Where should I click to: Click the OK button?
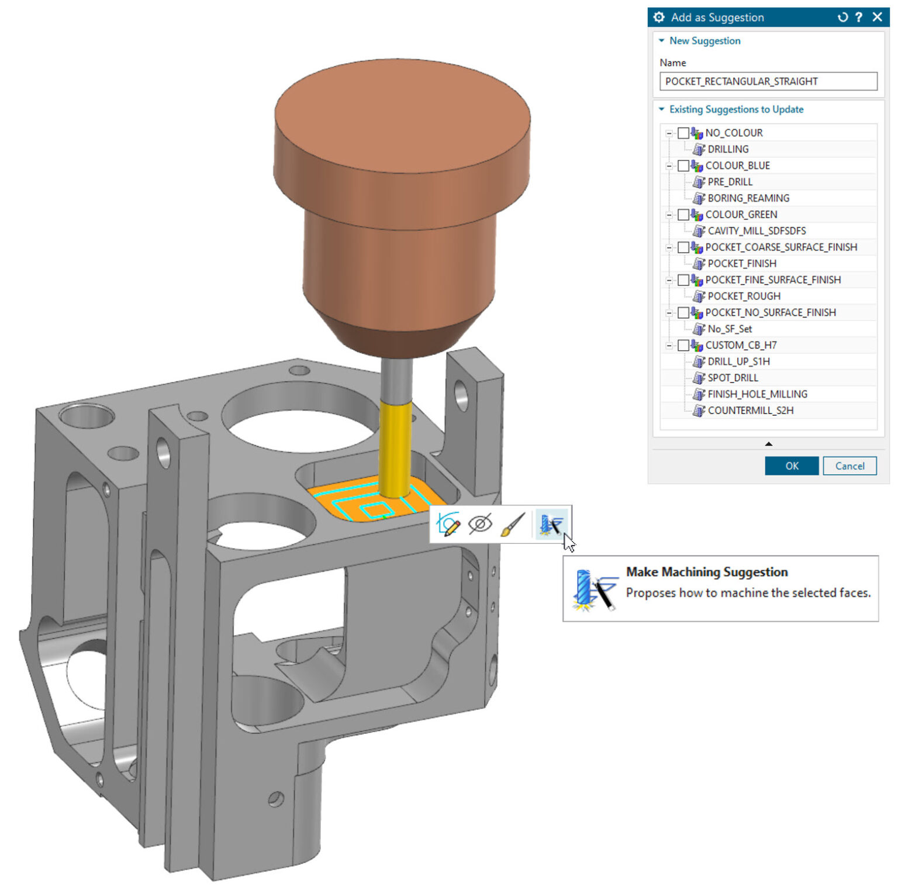click(x=791, y=466)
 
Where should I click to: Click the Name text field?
click(x=768, y=81)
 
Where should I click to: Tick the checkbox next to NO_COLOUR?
click(x=683, y=133)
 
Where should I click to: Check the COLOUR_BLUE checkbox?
click(x=683, y=166)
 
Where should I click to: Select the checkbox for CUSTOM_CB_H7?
click(x=683, y=346)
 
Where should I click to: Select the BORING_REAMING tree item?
click(x=748, y=198)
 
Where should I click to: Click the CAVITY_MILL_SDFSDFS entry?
click(x=756, y=231)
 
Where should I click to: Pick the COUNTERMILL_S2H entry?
click(x=750, y=411)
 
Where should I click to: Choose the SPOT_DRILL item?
click(x=733, y=378)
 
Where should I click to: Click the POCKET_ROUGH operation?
click(x=744, y=296)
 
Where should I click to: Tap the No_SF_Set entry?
click(x=730, y=329)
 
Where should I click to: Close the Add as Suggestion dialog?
click(x=877, y=17)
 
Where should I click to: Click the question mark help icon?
click(x=858, y=17)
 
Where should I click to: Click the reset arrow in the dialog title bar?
click(x=842, y=17)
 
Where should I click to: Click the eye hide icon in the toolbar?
click(x=480, y=524)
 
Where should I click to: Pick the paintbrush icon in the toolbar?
click(x=513, y=524)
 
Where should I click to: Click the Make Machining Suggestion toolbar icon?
click(x=551, y=524)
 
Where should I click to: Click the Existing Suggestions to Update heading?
click(x=736, y=109)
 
